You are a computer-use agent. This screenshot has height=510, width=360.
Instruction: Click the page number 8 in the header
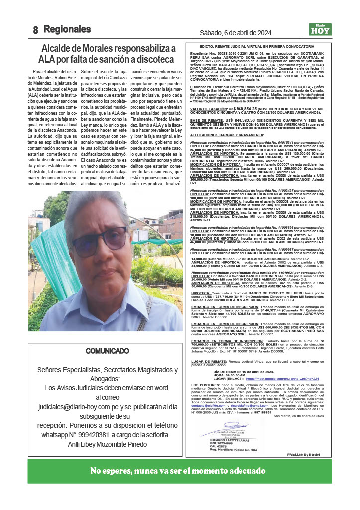pyautogui.click(x=36, y=30)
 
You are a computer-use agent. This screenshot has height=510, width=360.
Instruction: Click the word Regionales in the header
pyautogui.click(x=67, y=29)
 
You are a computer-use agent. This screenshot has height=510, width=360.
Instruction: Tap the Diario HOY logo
pyautogui.click(x=319, y=29)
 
